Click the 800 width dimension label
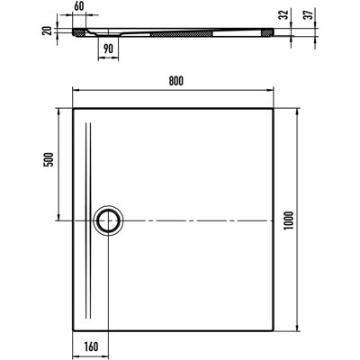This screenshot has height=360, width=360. click(175, 81)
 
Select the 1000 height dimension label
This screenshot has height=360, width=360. click(289, 220)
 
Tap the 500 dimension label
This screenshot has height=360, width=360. click(49, 159)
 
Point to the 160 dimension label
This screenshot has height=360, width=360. click(90, 346)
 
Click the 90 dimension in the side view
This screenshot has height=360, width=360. click(109, 49)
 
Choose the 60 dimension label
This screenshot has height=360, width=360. click(79, 6)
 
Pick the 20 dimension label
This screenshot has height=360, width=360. click(48, 31)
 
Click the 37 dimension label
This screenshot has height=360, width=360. click(309, 14)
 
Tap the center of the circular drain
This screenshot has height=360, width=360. click(108, 220)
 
